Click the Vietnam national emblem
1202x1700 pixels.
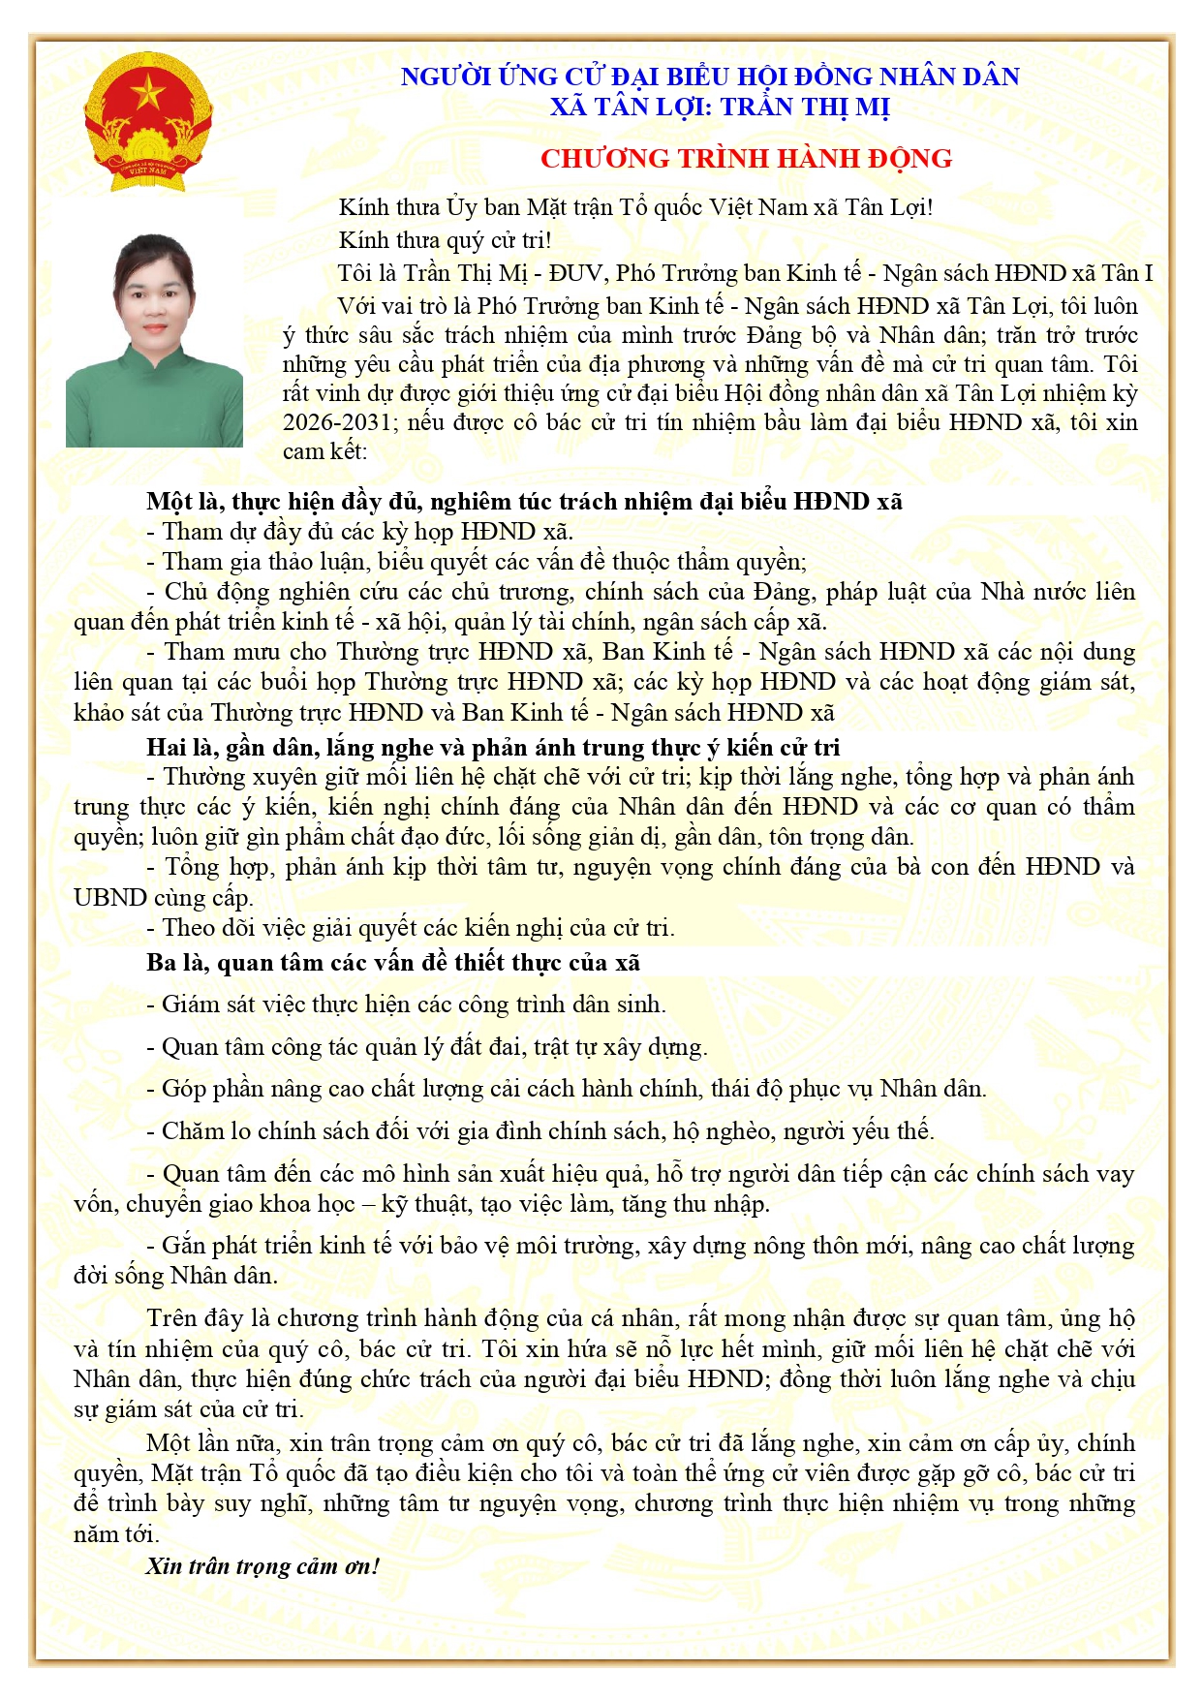(148, 120)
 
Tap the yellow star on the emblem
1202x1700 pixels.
(148, 94)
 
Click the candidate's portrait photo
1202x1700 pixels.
(154, 340)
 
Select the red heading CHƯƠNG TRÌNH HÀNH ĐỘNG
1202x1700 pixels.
(746, 159)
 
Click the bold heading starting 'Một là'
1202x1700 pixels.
(524, 502)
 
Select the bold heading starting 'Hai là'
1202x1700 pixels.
(493, 747)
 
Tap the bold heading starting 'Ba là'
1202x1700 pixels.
(393, 963)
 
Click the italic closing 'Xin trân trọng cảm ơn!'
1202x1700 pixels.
(262, 1566)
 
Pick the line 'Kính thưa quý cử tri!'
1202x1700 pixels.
(445, 240)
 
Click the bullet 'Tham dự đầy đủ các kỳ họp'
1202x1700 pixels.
(360, 532)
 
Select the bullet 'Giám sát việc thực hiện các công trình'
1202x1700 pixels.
(407, 1005)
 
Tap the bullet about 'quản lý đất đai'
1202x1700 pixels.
(427, 1047)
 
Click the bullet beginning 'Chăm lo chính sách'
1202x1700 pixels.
(540, 1131)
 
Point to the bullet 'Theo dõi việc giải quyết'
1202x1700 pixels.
(411, 928)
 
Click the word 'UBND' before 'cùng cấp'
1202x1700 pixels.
(109, 898)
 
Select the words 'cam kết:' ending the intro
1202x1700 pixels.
(324, 451)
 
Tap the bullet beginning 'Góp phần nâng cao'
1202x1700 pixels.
(567, 1089)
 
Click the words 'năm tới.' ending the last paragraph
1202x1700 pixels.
(116, 1534)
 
